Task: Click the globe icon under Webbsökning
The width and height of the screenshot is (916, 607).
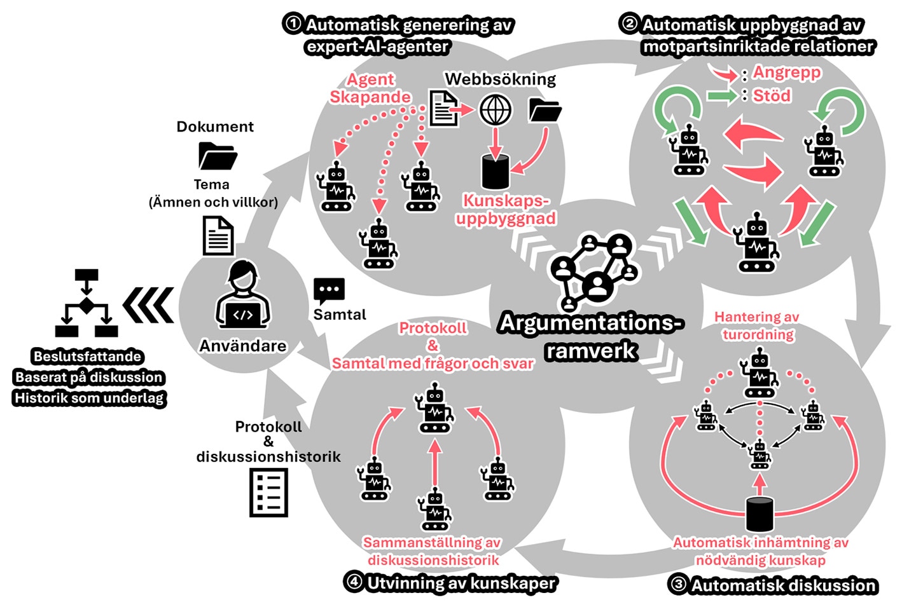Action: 495,110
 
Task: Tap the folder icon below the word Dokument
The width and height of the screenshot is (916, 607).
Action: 218,156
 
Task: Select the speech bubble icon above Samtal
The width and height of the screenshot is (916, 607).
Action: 329,291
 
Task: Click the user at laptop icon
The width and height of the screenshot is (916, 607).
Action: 243,296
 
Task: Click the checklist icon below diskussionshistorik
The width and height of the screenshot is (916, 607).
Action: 268,493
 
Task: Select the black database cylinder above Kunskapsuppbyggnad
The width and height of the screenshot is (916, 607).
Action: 495,171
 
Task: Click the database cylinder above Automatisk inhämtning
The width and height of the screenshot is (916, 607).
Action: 759,514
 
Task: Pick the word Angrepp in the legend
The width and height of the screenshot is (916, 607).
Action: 787,72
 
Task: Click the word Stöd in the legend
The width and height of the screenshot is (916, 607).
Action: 772,96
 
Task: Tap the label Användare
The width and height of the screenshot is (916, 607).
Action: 243,346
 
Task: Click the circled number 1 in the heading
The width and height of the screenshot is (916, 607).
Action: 293,24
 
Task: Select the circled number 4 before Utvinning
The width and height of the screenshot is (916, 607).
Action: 353,582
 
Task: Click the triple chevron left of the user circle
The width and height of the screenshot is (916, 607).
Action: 148,305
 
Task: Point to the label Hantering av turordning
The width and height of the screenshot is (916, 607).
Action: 757,325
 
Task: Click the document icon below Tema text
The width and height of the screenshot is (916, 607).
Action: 218,236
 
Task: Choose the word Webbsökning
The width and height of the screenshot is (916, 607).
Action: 500,79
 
